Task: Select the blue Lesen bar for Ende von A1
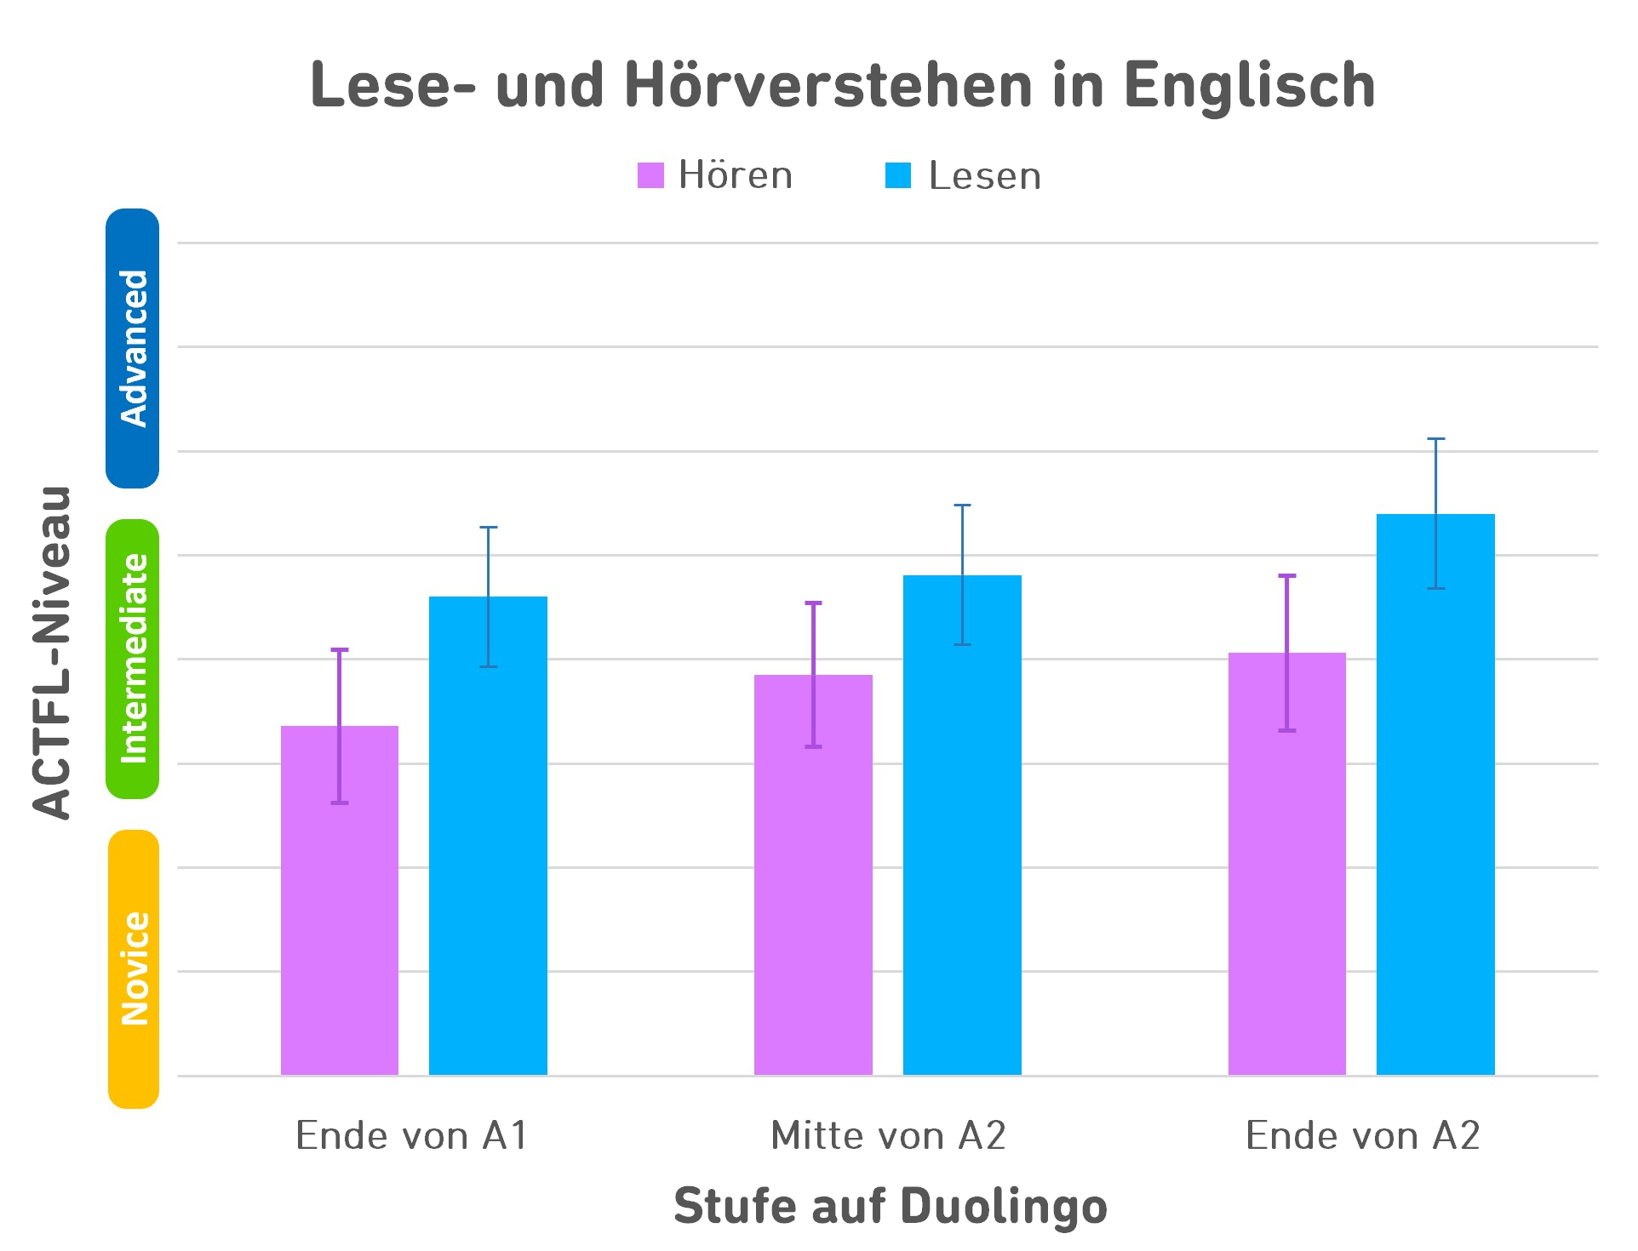[x=488, y=851]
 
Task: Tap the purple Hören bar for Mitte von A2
[x=813, y=894]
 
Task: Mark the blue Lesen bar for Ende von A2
[x=1435, y=808]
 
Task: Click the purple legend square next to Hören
[x=650, y=175]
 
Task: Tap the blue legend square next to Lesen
[x=898, y=175]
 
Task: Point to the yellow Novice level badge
[x=134, y=968]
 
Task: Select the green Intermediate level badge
[x=133, y=659]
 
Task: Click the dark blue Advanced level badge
[x=133, y=348]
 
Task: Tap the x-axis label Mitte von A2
[x=888, y=1135]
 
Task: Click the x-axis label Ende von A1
[x=412, y=1135]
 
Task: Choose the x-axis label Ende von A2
[x=1362, y=1135]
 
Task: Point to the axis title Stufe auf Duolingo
[x=890, y=1206]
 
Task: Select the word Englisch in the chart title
[x=1249, y=87]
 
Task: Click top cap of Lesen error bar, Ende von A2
[x=1435, y=439]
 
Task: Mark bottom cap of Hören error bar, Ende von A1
[x=340, y=803]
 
